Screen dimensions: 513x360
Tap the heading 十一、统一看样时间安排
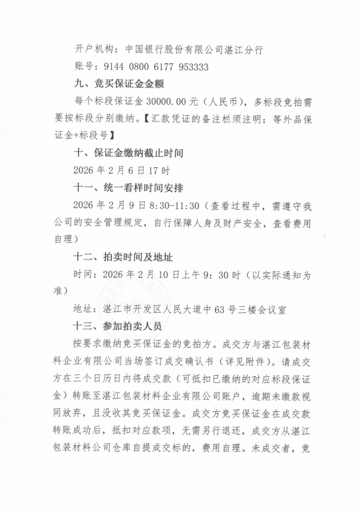(128, 187)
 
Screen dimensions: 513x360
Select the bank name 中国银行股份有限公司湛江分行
(195, 49)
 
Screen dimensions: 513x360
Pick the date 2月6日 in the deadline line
(126, 170)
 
